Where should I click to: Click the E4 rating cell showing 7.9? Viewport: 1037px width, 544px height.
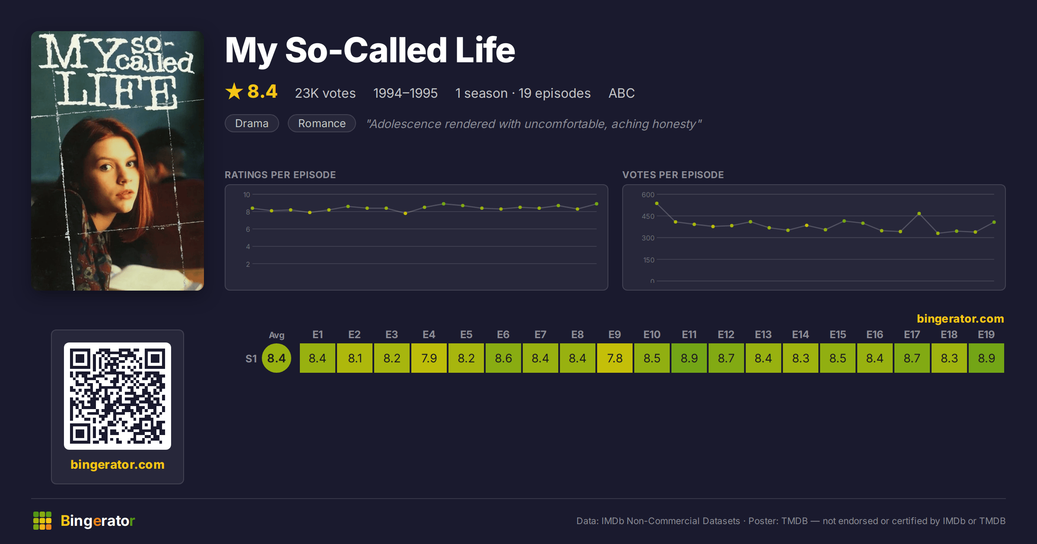click(x=429, y=358)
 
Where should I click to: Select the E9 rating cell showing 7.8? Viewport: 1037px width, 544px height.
click(x=615, y=358)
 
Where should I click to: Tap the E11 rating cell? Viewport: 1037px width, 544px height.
click(x=689, y=358)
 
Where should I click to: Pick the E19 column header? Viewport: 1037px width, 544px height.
click(x=986, y=335)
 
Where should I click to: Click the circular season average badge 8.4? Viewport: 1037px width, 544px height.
click(x=277, y=358)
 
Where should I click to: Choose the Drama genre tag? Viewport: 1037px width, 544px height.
click(x=252, y=123)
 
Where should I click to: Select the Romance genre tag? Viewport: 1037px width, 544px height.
click(x=322, y=123)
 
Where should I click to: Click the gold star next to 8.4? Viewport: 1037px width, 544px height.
click(x=234, y=92)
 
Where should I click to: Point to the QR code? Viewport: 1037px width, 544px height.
click(x=118, y=396)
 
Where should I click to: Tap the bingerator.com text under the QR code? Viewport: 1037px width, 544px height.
click(x=118, y=464)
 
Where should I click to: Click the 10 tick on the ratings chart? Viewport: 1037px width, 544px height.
click(x=247, y=195)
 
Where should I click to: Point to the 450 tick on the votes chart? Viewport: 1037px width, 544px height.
click(x=648, y=216)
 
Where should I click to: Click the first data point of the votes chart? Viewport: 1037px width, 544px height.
click(x=657, y=203)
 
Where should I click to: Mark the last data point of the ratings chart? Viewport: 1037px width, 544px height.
click(x=597, y=204)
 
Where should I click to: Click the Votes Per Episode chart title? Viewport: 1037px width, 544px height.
click(x=673, y=175)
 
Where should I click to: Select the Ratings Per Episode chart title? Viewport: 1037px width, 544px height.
click(x=280, y=175)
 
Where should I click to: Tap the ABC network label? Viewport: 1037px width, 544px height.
click(x=622, y=93)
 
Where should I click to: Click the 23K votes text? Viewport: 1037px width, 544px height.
click(x=325, y=93)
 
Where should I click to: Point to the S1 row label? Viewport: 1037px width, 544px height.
click(x=251, y=358)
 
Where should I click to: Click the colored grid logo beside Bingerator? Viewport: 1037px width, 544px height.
click(x=42, y=521)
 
